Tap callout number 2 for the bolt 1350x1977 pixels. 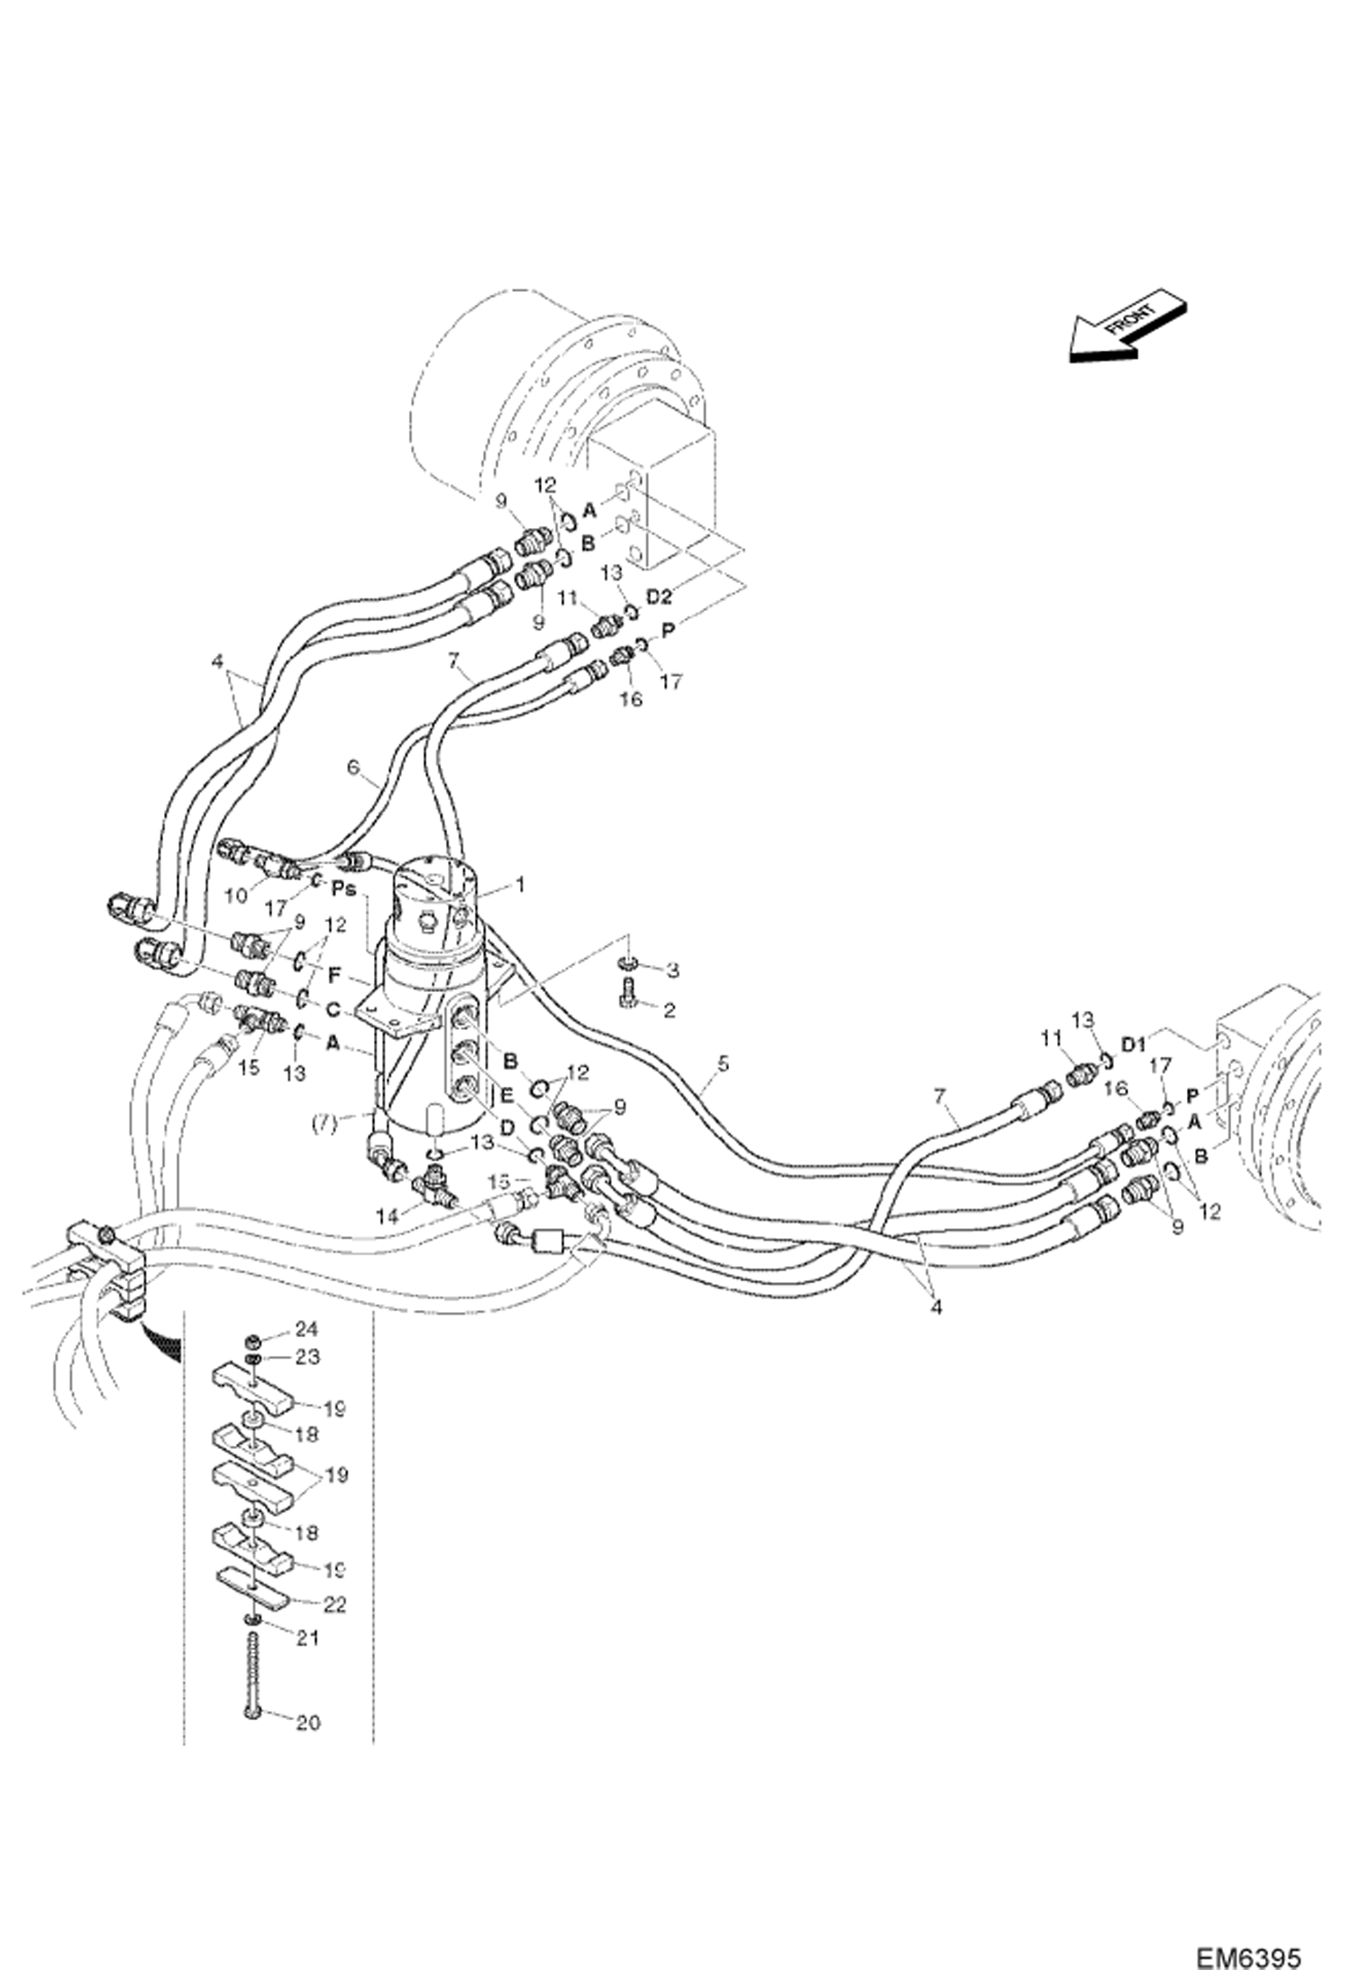point(668,1010)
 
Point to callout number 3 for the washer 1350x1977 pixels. point(671,970)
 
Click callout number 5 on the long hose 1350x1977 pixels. point(722,1065)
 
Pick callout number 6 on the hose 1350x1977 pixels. point(353,767)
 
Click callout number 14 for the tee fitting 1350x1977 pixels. point(386,1216)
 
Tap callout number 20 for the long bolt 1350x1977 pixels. point(307,1722)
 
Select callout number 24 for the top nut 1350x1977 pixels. point(307,1328)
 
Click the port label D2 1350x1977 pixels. point(659,597)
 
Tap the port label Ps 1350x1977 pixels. point(342,888)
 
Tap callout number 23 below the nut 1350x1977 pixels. point(307,1356)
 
